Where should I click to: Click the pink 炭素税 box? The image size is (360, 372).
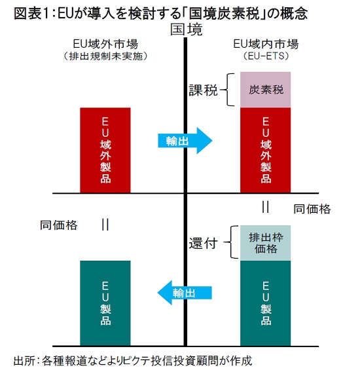pos(265,90)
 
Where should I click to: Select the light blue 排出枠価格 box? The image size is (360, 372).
pos(265,243)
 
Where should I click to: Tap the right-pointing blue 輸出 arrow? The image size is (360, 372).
pos(185,141)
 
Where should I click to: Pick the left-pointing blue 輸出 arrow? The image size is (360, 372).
pos(185,293)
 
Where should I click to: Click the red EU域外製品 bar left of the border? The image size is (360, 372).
pos(105,150)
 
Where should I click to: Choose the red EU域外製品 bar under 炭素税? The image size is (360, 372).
pos(265,150)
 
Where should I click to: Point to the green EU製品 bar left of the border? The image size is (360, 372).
pos(105,303)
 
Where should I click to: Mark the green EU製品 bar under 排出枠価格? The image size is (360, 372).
pos(265,303)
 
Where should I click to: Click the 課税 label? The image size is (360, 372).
pos(203,90)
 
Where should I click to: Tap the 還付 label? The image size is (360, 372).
pos(203,243)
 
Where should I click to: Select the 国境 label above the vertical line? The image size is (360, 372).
pos(187,29)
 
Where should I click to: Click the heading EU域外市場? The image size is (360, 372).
pos(105,44)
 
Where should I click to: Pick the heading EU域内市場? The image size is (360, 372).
pos(266,44)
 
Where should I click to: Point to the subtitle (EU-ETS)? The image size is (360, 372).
pos(266,56)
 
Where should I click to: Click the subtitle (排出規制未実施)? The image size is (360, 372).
pos(105,56)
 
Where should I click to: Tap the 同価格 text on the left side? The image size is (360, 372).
pos(58,225)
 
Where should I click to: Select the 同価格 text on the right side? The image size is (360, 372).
pos(312,209)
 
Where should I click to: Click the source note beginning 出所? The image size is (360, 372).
pos(133,361)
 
